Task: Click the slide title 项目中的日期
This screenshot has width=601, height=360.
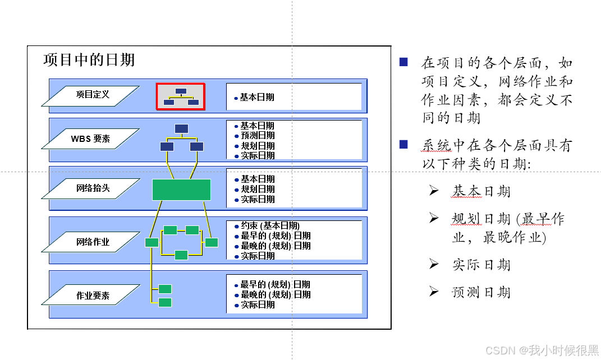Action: pyautogui.click(x=89, y=60)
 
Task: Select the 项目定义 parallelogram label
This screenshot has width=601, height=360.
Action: pyautogui.click(x=91, y=95)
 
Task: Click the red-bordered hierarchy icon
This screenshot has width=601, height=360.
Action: pyautogui.click(x=180, y=96)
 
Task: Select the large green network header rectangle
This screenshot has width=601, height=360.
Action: pyautogui.click(x=181, y=190)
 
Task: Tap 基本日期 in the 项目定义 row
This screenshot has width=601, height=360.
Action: pyautogui.click(x=257, y=98)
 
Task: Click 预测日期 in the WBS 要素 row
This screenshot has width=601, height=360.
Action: pyautogui.click(x=258, y=136)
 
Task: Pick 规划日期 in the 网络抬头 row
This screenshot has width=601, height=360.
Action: pyautogui.click(x=258, y=190)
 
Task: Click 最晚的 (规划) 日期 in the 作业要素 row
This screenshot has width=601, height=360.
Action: pyautogui.click(x=275, y=295)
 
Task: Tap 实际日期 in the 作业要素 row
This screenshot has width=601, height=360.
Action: pyautogui.click(x=258, y=305)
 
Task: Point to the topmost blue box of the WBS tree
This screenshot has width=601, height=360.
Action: pyautogui.click(x=181, y=128)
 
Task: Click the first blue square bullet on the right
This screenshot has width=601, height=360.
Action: pyautogui.click(x=403, y=62)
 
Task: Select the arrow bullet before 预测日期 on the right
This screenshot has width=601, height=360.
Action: pyautogui.click(x=434, y=291)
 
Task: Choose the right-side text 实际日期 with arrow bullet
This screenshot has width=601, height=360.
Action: pyautogui.click(x=481, y=265)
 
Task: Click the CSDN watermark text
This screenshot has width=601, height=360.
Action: pyautogui.click(x=542, y=350)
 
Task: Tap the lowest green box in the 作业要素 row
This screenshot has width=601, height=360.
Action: pyautogui.click(x=165, y=303)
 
